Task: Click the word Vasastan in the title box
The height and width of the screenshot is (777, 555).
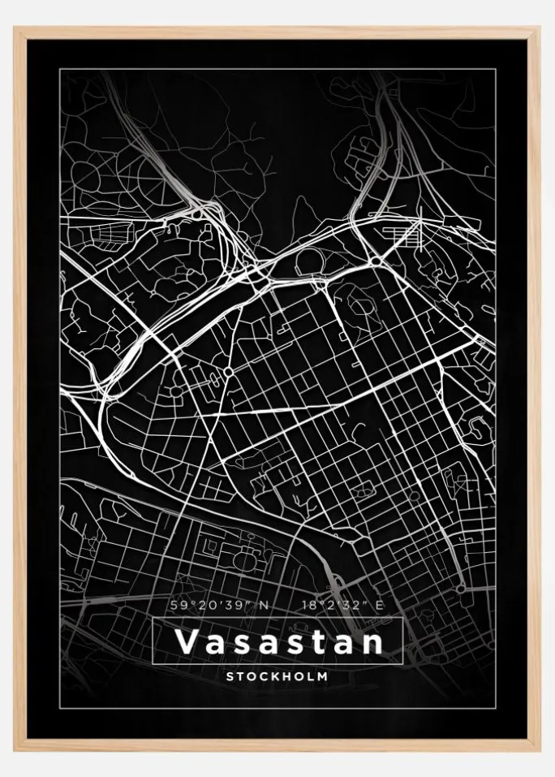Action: point(278,642)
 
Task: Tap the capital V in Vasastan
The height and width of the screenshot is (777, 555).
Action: point(185,642)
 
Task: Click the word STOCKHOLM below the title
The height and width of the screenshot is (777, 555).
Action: point(277,676)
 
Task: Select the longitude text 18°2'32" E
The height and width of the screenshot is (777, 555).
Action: point(338,605)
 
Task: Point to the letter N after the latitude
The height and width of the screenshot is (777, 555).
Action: point(261,605)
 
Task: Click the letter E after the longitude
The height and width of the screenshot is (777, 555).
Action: point(380,605)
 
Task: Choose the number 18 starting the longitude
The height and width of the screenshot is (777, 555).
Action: point(308,605)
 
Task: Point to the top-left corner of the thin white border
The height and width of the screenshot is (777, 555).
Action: point(60,71)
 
